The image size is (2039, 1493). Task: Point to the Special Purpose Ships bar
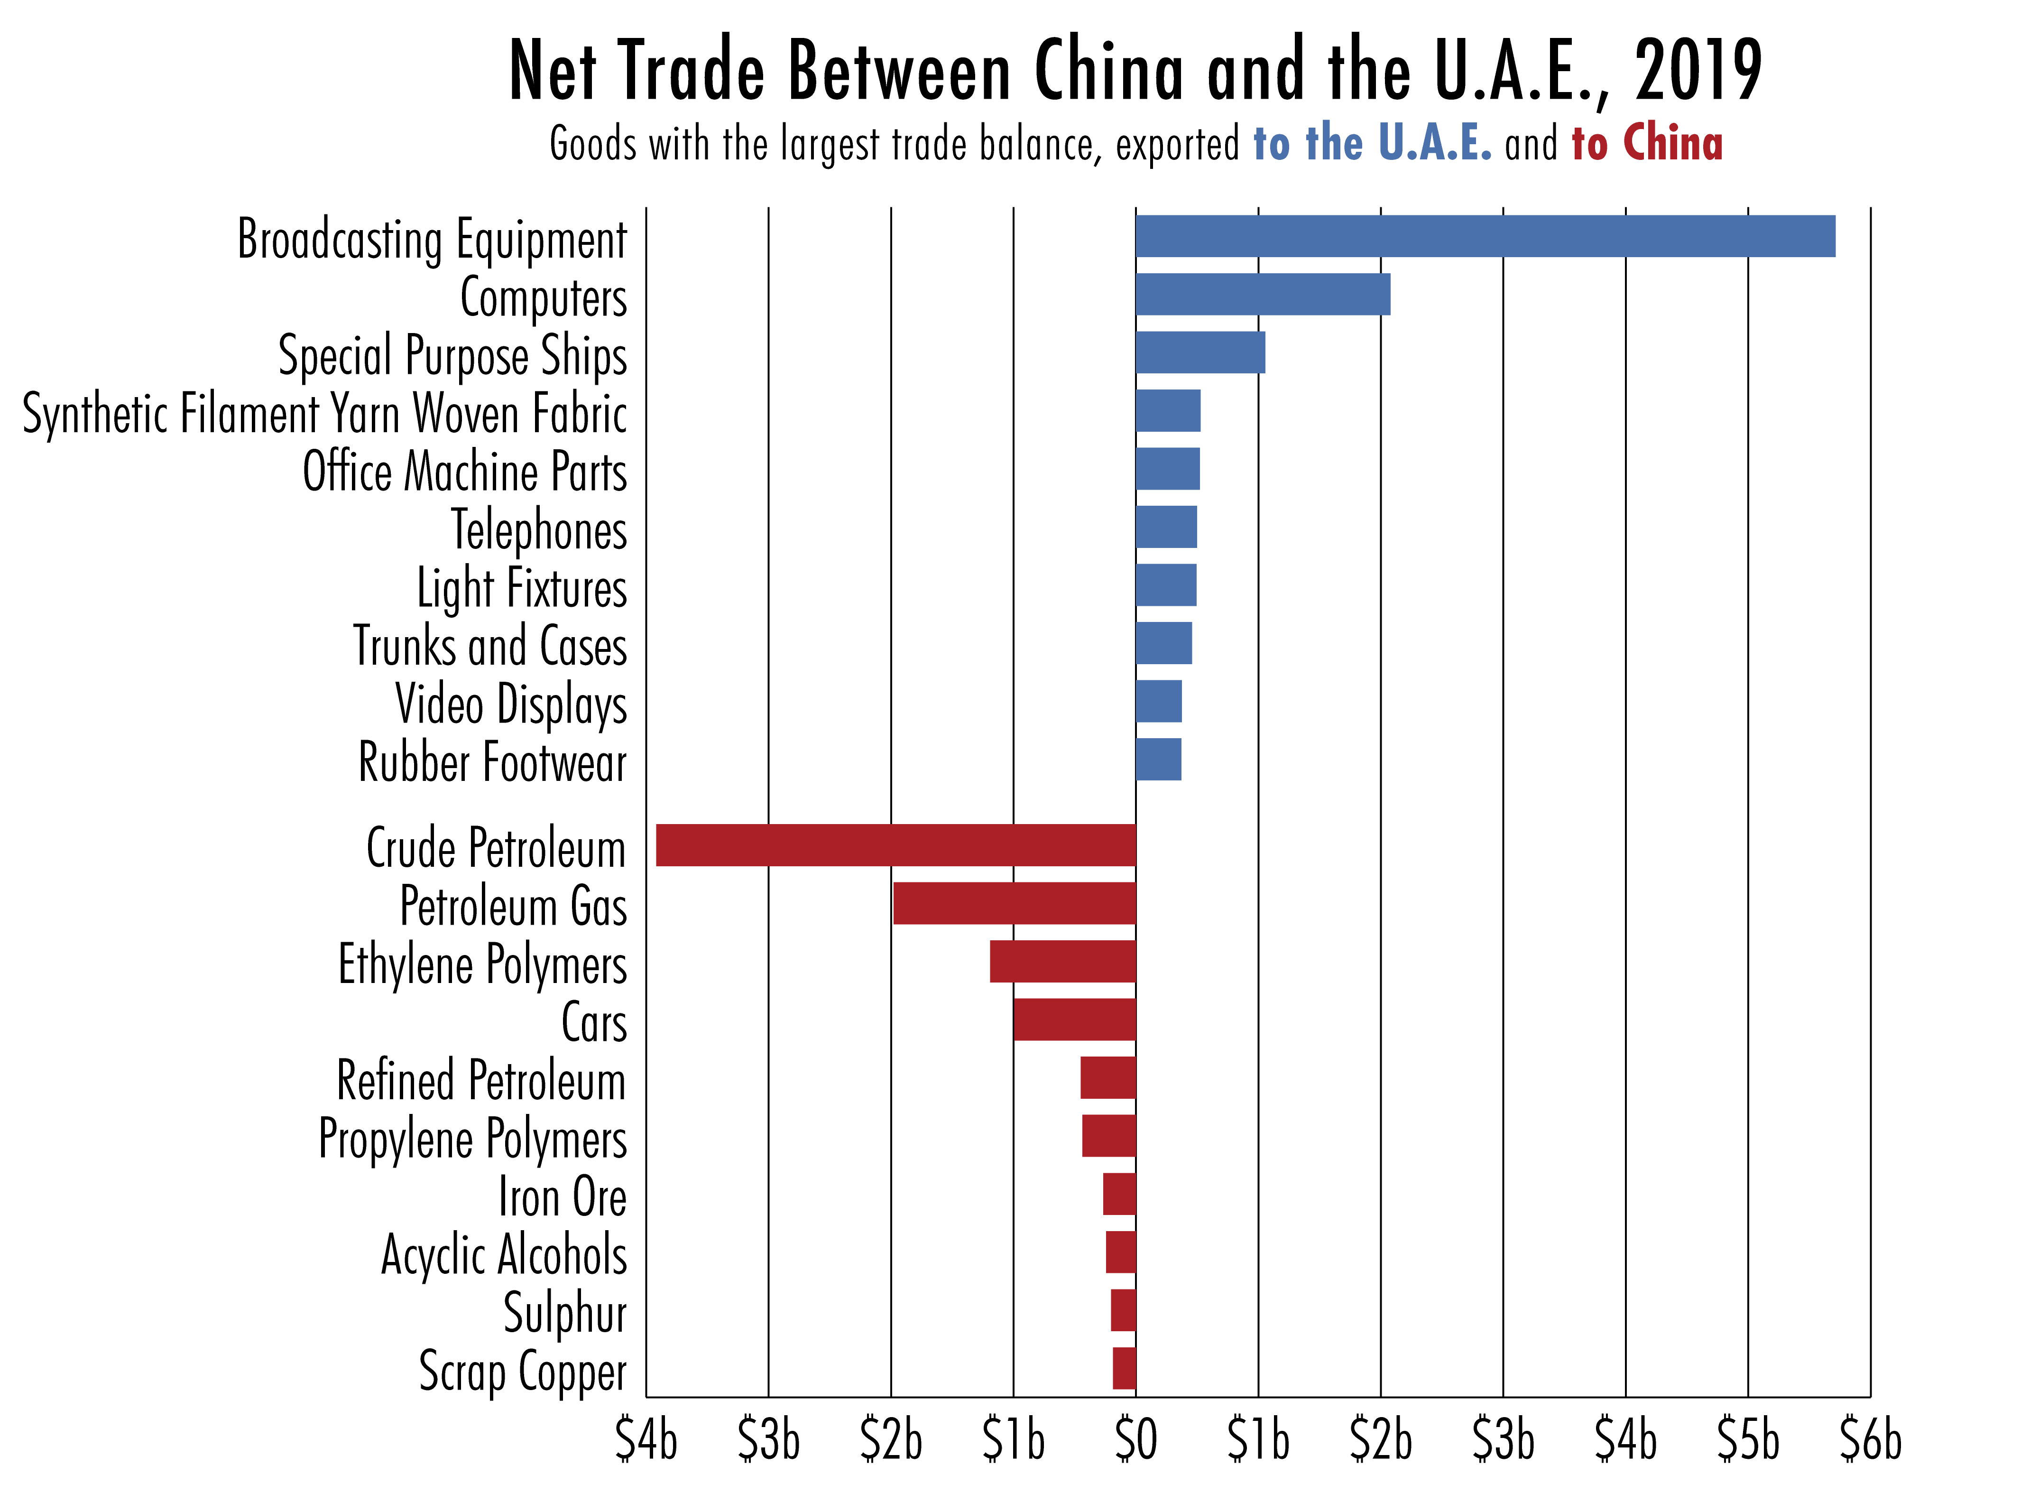(x=1199, y=352)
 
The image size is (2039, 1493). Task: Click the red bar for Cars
(x=1074, y=1020)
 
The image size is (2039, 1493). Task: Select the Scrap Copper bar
(x=1124, y=1368)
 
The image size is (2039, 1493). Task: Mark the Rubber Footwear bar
(x=1158, y=759)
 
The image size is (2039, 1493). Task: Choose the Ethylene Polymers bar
(x=1062, y=961)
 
